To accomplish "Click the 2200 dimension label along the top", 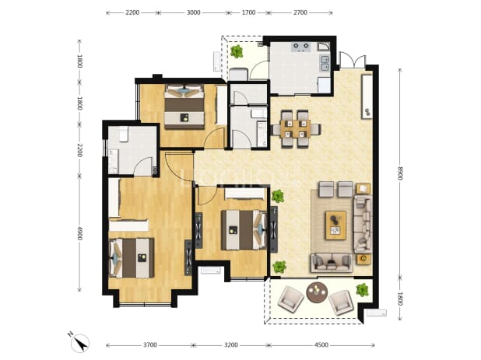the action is (132, 12).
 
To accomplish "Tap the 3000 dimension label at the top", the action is (193, 12).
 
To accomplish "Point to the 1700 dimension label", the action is (248, 12).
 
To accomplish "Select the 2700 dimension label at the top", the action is (300, 12).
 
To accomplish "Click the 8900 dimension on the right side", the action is (399, 173).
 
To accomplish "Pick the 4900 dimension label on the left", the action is (79, 233).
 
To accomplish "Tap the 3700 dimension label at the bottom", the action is (150, 345).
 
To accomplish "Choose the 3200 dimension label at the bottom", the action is (230, 345).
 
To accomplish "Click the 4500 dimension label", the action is (321, 345).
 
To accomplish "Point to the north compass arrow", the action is (80, 344).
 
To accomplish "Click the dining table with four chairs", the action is (296, 128).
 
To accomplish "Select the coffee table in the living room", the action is (335, 225).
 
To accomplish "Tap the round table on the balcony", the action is (317, 292).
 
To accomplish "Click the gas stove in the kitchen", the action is (300, 47).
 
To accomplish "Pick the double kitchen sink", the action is (325, 64).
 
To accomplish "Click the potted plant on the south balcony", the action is (362, 290).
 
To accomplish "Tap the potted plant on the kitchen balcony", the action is (237, 51).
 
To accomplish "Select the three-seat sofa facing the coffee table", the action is (363, 224).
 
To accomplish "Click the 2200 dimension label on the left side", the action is (79, 150).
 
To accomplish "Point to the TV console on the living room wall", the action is (367, 96).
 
